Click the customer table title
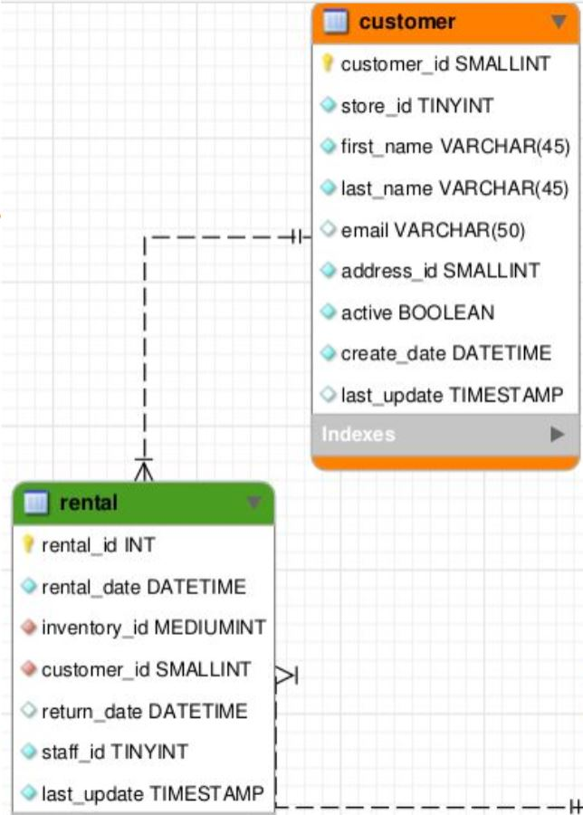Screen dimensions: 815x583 406,21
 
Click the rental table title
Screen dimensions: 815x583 88,502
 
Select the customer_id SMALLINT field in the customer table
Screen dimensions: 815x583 444,64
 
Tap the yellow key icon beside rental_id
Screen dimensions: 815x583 28,544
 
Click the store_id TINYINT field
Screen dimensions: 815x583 416,106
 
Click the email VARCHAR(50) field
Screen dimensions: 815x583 432,230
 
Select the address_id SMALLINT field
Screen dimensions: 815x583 440,271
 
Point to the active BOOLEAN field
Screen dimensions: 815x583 417,312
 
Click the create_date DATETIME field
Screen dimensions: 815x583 445,353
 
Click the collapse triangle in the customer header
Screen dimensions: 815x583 558,22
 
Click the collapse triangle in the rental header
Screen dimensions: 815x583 254,502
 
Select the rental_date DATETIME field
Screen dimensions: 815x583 143,587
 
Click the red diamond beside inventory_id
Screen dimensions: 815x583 28,628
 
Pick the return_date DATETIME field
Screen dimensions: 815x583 143,711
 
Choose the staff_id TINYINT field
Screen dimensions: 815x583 114,752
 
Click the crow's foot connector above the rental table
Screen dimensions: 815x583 144,470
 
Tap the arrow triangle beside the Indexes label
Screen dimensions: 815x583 558,435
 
